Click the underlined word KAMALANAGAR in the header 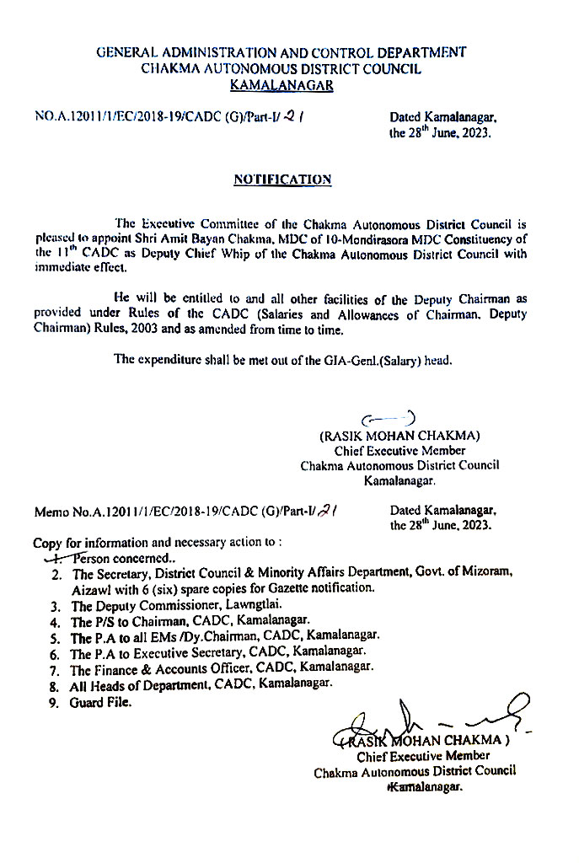(x=281, y=84)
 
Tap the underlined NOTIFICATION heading (x=281, y=180)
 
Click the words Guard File (x=101, y=703)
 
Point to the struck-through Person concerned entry (x=105, y=558)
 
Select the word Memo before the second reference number (x=51, y=511)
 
